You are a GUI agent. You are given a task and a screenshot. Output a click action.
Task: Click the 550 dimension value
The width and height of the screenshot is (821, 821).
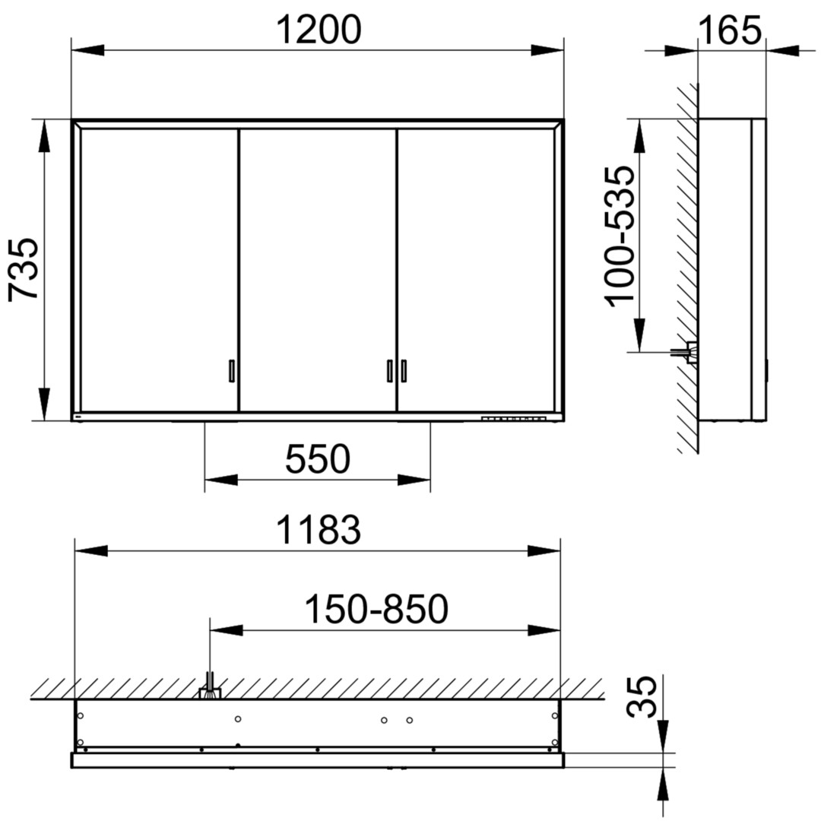(x=318, y=458)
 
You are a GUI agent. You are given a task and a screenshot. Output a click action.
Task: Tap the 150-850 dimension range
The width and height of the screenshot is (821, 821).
(x=376, y=609)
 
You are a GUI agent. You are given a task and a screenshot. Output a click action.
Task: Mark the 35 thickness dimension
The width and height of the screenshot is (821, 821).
(x=642, y=696)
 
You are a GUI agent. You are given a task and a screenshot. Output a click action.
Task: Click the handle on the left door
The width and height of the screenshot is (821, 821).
(x=231, y=371)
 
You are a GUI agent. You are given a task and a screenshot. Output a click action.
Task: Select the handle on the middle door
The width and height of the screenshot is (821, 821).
(x=389, y=371)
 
